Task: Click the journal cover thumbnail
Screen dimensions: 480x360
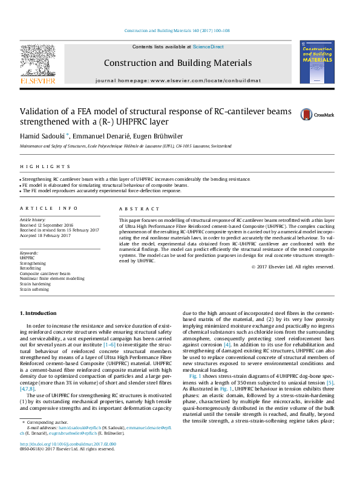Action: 316,60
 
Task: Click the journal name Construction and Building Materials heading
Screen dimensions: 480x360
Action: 177,63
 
